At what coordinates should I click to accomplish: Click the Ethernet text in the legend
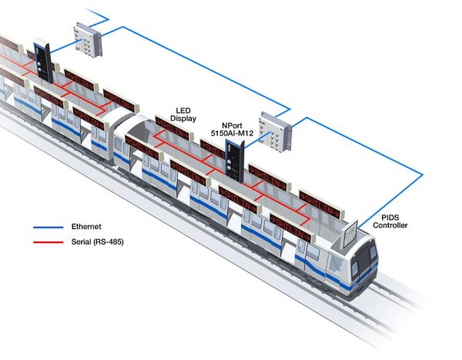(86, 227)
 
